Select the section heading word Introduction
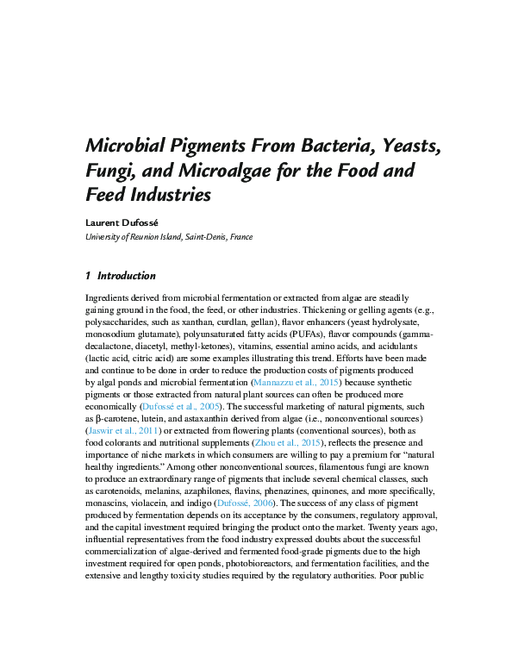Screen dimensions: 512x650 tap(127, 277)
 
